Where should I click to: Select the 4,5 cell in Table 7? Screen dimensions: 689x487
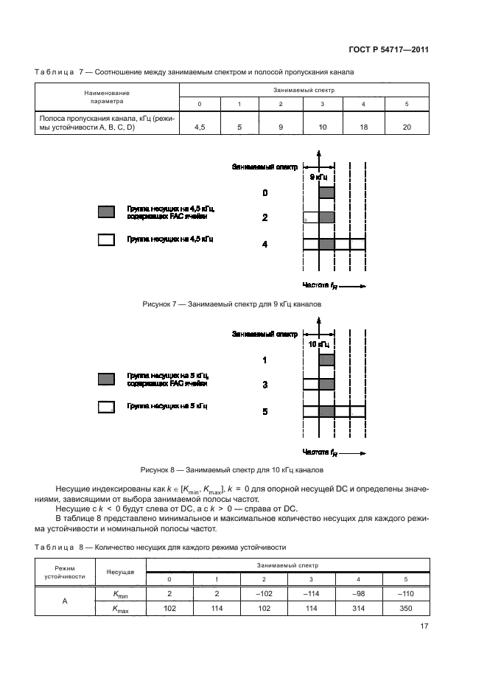(199, 127)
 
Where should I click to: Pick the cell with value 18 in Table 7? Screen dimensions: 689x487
(364, 127)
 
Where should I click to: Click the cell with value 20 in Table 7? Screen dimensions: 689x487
(407, 127)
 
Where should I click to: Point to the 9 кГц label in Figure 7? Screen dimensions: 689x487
(318, 178)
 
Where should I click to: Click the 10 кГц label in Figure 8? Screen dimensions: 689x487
(318, 344)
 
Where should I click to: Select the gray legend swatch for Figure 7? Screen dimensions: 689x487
(107, 213)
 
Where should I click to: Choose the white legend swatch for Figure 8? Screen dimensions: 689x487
(107, 406)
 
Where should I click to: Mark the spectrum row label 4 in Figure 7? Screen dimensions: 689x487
(264, 244)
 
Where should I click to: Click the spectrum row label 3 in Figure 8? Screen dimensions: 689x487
(264, 385)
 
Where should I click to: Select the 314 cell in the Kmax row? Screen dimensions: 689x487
(364, 609)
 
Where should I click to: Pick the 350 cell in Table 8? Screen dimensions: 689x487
(407, 609)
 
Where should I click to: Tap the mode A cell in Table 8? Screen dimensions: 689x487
(65, 601)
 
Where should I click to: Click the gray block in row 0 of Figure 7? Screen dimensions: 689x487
(327, 193)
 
